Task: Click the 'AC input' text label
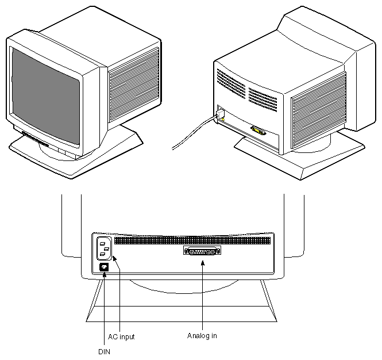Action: pyautogui.click(x=121, y=337)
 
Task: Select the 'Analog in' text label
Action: pyautogui.click(x=202, y=335)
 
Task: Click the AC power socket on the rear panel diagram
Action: pyautogui.click(x=104, y=248)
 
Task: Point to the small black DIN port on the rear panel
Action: pyautogui.click(x=103, y=267)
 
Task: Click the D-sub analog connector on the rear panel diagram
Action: pyautogui.click(x=202, y=251)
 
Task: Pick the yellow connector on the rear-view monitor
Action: pyautogui.click(x=258, y=131)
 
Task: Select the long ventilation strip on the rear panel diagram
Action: pyautogui.click(x=192, y=240)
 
